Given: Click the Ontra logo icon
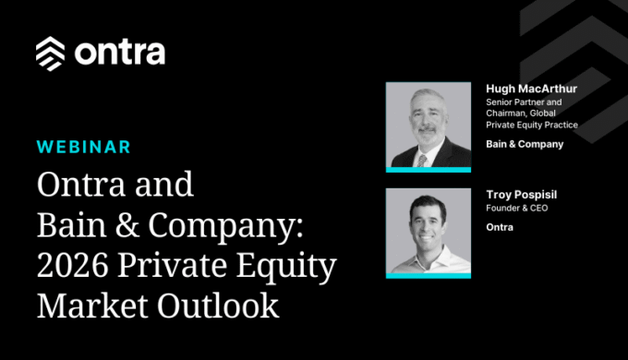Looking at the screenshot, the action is (50, 54).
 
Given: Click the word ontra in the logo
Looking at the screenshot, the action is (120, 53).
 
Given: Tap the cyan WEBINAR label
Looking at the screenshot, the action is (84, 147).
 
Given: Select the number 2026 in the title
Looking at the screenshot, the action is (72, 265).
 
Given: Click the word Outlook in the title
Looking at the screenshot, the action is (218, 306).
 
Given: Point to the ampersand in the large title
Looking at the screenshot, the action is (127, 225).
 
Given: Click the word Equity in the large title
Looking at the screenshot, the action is (286, 267).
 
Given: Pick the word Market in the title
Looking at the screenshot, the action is (93, 306).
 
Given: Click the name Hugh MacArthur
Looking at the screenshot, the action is (531, 89).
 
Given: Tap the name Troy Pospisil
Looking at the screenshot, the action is (522, 195).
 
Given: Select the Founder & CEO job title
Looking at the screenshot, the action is (516, 208).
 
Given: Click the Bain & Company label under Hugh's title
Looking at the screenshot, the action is (525, 144).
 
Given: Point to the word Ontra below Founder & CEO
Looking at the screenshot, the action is (500, 227).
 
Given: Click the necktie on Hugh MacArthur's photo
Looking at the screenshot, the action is (422, 161).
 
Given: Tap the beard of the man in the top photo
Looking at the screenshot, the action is (427, 136).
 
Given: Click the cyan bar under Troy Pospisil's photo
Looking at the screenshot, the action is (429, 275).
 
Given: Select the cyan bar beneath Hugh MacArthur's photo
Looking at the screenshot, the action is (429, 170).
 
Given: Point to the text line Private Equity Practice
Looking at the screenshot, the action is (532, 125).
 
